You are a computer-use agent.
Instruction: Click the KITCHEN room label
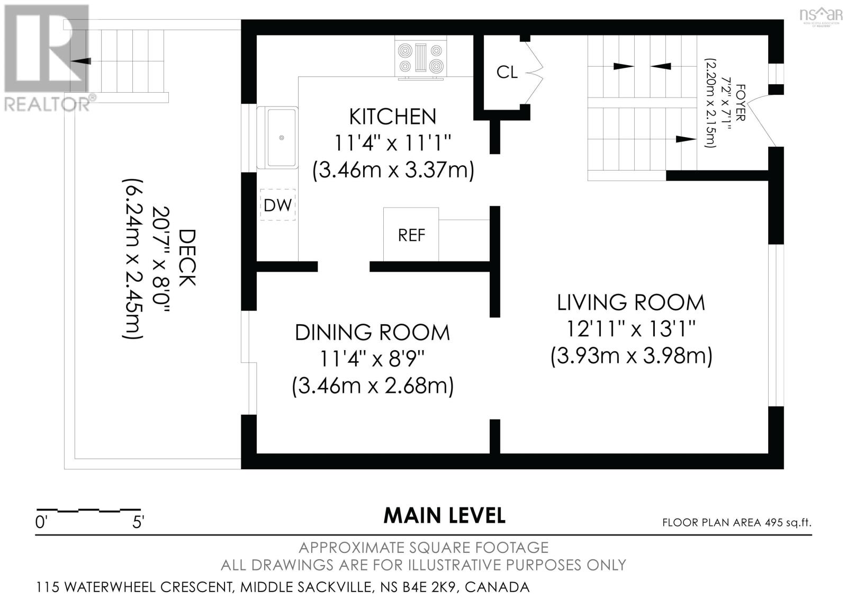pos(392,117)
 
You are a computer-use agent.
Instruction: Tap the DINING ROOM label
pos(373,333)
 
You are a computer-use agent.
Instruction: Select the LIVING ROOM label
pos(631,303)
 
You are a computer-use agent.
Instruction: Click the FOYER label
pos(741,103)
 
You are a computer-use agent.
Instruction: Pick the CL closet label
pos(507,72)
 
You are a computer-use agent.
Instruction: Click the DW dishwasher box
pos(277,205)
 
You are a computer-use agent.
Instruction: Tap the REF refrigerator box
pos(411,234)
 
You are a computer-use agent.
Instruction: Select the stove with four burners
pos(420,58)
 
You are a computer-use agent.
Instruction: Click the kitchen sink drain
pos(281,138)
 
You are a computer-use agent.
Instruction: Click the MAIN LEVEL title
pos(444,515)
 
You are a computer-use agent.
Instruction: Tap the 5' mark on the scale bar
pos(138,523)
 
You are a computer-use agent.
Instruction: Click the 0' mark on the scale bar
pos(40,523)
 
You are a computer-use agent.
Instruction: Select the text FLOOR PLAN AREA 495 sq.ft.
pos(736,523)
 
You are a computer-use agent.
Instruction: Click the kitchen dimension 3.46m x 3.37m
pos(393,171)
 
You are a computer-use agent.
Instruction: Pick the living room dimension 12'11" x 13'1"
pos(631,328)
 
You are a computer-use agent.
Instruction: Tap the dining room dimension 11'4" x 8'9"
pos(373,359)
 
